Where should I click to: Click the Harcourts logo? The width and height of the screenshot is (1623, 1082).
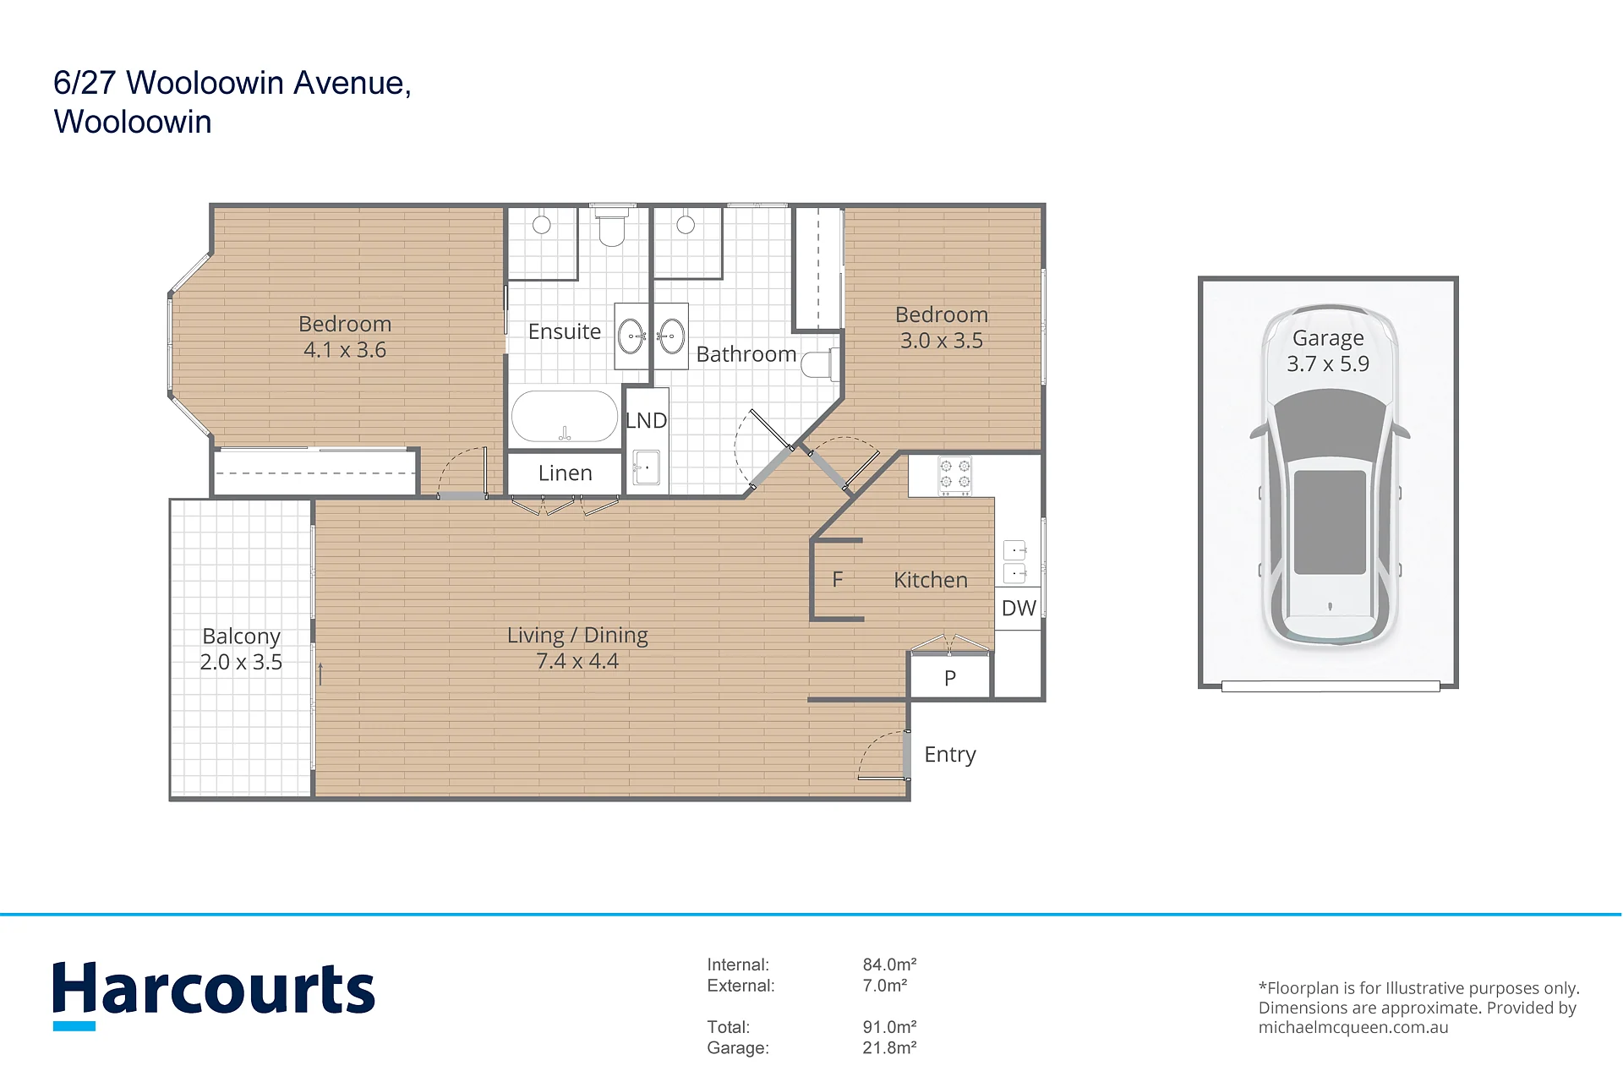214,994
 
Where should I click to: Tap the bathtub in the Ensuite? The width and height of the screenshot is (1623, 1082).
565,416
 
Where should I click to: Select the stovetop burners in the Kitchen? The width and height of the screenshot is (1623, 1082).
955,476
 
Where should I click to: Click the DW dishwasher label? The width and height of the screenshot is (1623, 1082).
1019,608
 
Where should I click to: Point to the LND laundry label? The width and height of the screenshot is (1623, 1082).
647,420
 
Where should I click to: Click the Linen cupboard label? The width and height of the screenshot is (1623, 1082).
566,473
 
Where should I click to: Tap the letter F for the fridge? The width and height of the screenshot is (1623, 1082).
838,580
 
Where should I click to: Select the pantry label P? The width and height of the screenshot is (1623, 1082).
950,678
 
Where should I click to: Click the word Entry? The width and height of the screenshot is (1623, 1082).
950,755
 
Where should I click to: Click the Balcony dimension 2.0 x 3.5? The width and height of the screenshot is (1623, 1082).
241,662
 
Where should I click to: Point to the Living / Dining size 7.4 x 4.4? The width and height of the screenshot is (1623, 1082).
577,661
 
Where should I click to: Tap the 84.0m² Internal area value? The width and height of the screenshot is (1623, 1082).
889,965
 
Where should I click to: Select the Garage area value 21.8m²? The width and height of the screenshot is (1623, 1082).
889,1048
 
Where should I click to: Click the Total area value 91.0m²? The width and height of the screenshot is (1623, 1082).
889,1027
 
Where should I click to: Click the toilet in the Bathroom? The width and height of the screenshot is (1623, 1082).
819,364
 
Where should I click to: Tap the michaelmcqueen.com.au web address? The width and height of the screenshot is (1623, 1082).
1353,1028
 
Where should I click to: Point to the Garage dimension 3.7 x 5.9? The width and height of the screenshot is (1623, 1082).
1328,363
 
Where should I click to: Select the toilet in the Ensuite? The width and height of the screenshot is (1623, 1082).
611,226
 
